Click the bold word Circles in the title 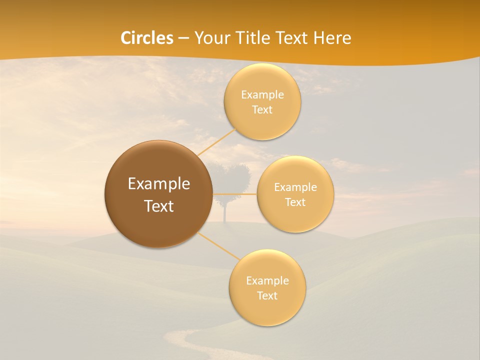147,38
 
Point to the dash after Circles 183,38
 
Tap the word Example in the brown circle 159,184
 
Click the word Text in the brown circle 159,206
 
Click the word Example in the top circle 262,94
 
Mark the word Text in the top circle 262,110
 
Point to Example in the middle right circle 295,187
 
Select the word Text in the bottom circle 267,295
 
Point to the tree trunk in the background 225,212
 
